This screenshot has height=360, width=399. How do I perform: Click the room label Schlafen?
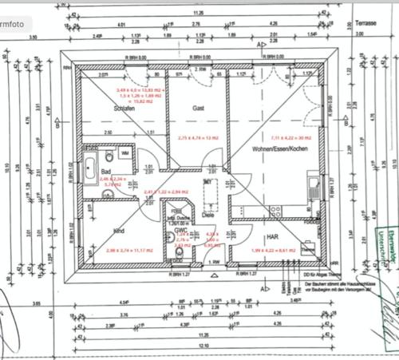[123, 109]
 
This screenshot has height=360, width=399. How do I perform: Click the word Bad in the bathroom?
[105, 172]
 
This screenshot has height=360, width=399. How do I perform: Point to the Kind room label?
[119, 231]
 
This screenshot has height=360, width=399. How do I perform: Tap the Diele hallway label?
[209, 214]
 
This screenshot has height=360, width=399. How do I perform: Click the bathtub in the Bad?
[90, 168]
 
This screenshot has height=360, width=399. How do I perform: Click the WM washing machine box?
[124, 152]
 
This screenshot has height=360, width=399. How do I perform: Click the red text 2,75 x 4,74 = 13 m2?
[198, 137]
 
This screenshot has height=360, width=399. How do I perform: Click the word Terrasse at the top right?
[365, 26]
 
